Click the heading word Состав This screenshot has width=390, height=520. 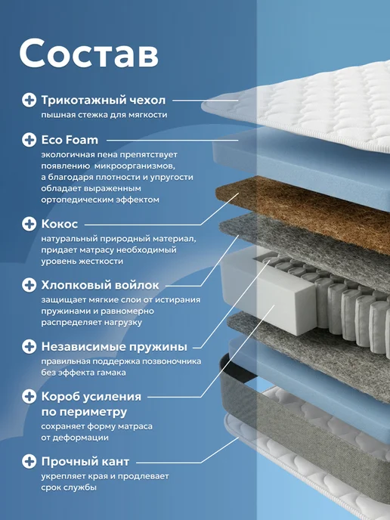coord(89,54)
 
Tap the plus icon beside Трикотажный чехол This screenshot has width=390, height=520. coord(29,100)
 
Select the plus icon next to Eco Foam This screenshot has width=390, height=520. coord(29,140)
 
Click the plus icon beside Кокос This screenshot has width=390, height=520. coord(29,224)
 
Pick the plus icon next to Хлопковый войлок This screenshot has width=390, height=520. coord(29,285)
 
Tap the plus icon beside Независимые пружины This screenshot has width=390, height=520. coord(29,347)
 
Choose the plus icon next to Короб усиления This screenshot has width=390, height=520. coord(29,396)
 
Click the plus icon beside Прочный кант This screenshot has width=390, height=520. coord(29,461)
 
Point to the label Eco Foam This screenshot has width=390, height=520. coord(70,140)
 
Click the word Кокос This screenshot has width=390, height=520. coord(60,224)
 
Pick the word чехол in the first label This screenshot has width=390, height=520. coord(147,101)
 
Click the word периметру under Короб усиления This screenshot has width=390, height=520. coord(84,412)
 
